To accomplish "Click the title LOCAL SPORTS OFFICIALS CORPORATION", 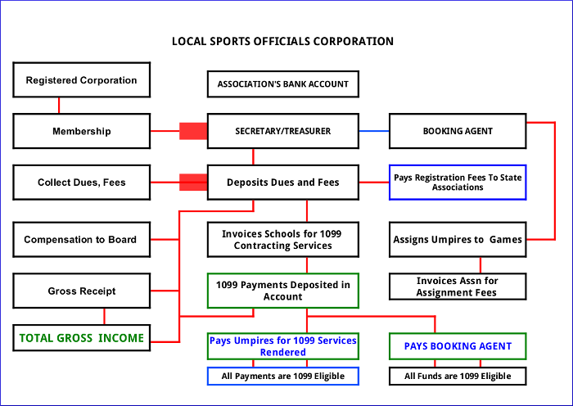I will (282, 41).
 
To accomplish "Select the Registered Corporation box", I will (81, 80).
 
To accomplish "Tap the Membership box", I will (81, 131).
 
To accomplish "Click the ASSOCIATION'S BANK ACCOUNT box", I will (282, 83).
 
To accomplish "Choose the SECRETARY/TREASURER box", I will (282, 131).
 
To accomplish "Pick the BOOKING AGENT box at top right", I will (457, 131).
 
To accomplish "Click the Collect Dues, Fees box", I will (81, 182).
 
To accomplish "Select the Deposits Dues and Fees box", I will (282, 182).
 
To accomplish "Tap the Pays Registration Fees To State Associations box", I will (457, 182).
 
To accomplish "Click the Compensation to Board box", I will (81, 240).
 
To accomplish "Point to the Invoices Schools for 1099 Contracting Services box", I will (282, 240).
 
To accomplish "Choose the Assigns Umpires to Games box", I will (457, 240).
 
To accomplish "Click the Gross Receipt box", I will (81, 291).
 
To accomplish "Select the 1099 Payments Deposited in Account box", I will (282, 291).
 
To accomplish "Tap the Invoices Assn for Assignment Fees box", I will (457, 286).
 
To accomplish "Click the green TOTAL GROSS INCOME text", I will (81, 337).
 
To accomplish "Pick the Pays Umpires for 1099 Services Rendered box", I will (282, 345).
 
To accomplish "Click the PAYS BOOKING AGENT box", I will (457, 345).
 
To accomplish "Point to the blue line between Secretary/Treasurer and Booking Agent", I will (373, 131).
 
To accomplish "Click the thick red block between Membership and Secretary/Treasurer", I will (193, 131).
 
